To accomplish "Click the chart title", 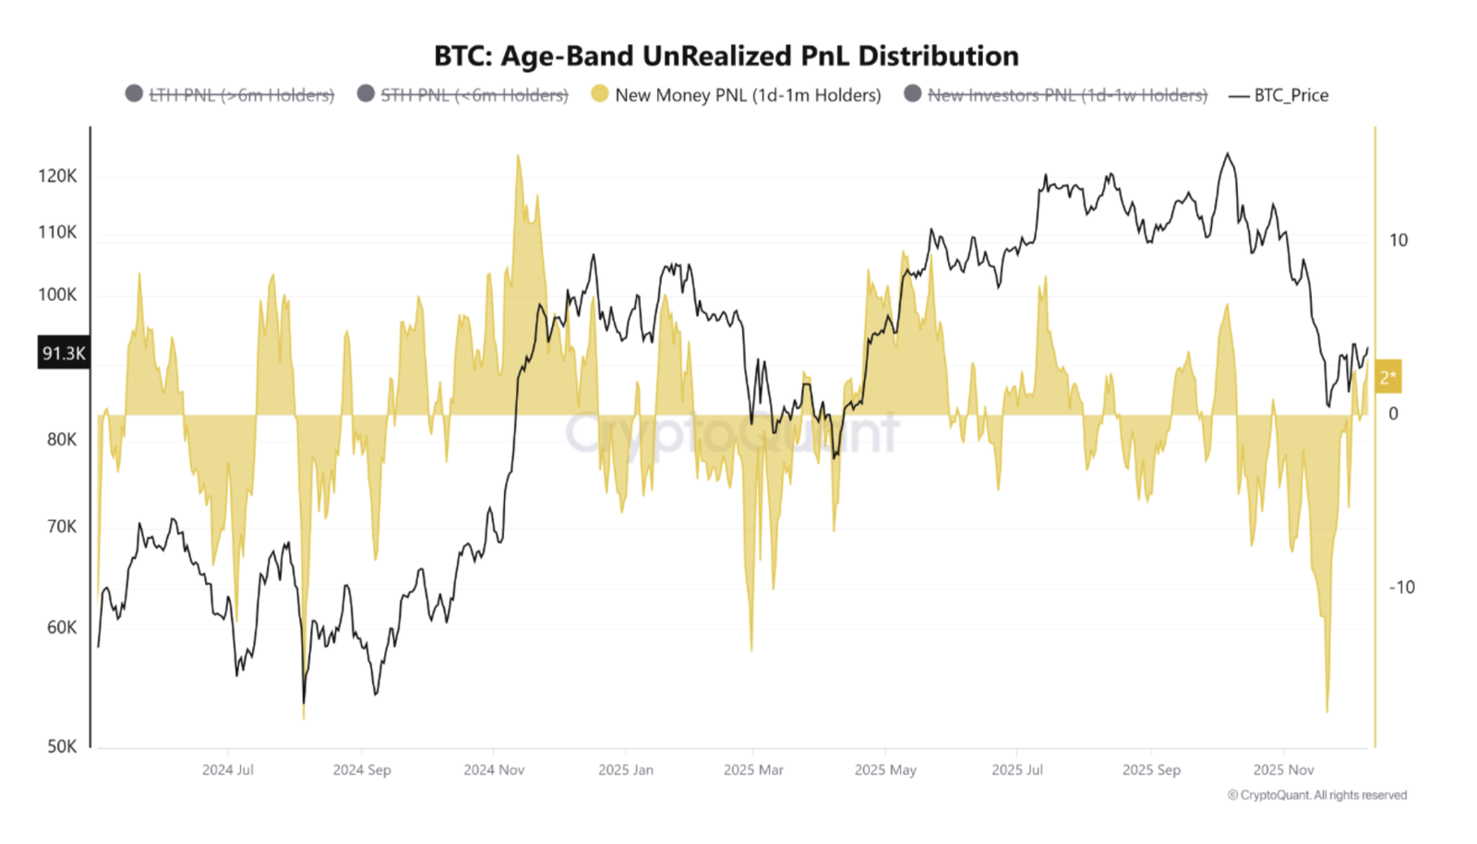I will pyautogui.click(x=726, y=56).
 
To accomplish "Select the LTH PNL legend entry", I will pyautogui.click(x=241, y=95).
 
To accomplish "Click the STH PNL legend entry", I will pyautogui.click(x=474, y=95).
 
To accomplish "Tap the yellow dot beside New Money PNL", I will pyautogui.click(x=600, y=94).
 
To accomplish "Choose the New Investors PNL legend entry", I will pyautogui.click(x=1066, y=95).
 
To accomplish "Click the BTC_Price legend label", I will pyautogui.click(x=1291, y=95).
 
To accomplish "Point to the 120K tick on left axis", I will pyautogui.click(x=57, y=176).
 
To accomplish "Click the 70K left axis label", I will pyautogui.click(x=62, y=526).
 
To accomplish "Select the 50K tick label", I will pyautogui.click(x=62, y=746).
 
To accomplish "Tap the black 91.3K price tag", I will pyautogui.click(x=64, y=353).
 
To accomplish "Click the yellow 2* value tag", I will pyautogui.click(x=1387, y=377).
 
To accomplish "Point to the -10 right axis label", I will pyautogui.click(x=1401, y=587).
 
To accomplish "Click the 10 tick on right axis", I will pyautogui.click(x=1399, y=241).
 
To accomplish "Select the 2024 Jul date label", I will pyautogui.click(x=227, y=769).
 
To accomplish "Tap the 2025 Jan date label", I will pyautogui.click(x=625, y=769).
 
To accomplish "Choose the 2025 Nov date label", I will pyautogui.click(x=1283, y=769).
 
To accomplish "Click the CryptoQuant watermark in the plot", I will pyautogui.click(x=732, y=432).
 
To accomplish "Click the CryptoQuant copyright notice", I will pyautogui.click(x=1317, y=795).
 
